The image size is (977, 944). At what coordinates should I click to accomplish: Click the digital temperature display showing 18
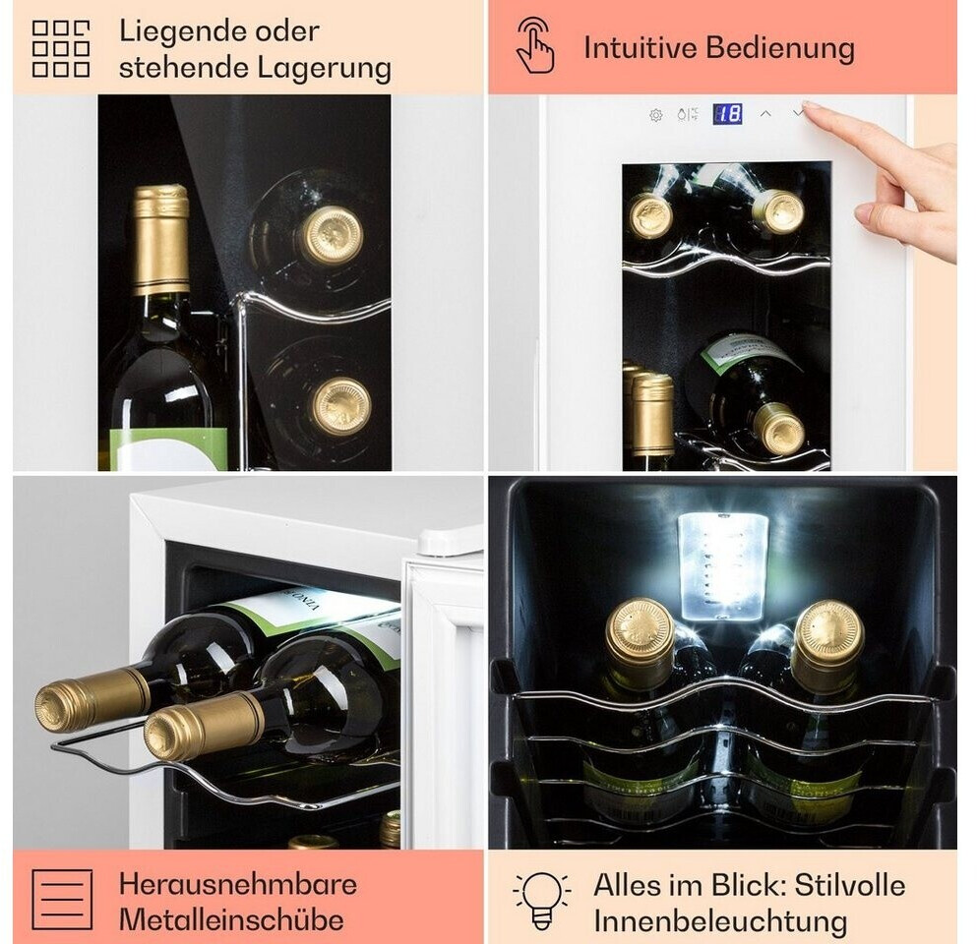pyautogui.click(x=727, y=114)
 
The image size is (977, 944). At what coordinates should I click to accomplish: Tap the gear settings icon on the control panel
pyautogui.click(x=655, y=115)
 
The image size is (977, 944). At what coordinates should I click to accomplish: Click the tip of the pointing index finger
pyautogui.click(x=806, y=105)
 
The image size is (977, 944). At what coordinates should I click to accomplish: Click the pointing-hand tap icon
pyautogui.click(x=535, y=45)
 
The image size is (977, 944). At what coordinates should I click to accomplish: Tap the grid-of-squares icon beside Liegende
pyautogui.click(x=61, y=48)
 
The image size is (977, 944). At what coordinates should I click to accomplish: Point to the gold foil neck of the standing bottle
pyautogui.click(x=161, y=239)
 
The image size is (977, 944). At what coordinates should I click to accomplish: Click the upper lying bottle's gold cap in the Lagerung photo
pyautogui.click(x=332, y=234)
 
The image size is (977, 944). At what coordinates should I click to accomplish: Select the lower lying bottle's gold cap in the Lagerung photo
pyautogui.click(x=341, y=406)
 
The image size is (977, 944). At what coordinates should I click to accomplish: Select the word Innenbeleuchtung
pyautogui.click(x=720, y=921)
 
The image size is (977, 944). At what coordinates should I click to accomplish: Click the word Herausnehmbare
pyautogui.click(x=238, y=884)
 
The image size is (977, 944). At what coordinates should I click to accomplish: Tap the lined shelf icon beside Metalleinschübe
pyautogui.click(x=62, y=900)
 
